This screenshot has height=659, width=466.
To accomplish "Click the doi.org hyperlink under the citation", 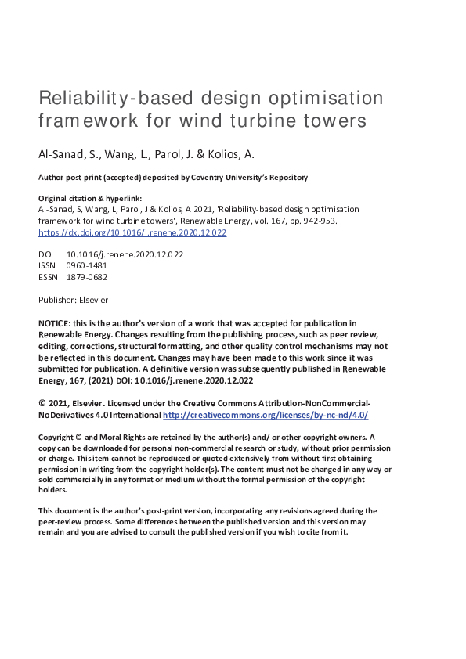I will [132, 232].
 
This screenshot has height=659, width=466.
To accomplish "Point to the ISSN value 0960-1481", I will [87, 265].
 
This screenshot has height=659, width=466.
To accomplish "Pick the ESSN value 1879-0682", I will [87, 276].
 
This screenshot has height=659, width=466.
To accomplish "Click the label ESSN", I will [48, 276].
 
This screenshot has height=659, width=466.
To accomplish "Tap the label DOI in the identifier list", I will [46, 254].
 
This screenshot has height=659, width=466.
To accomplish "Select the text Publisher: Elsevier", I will [74, 300].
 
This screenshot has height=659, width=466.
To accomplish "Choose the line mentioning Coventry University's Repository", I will [173, 178].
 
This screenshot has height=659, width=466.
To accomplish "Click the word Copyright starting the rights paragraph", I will [56, 437].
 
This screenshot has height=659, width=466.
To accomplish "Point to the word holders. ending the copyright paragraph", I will [53, 489].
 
